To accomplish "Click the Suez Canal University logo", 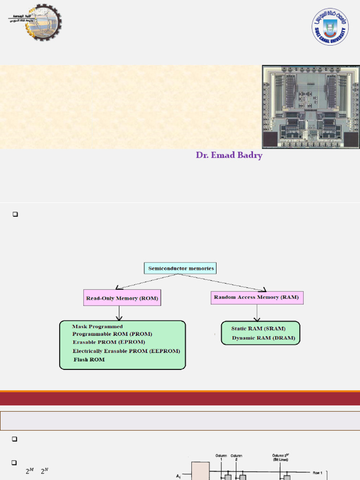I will tap(331, 27).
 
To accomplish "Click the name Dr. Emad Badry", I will tap(229, 155).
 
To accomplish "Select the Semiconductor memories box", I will tap(180, 269).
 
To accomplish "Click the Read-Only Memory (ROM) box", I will tap(122, 298).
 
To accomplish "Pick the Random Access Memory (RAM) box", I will tap(256, 297).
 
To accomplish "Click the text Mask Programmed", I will tap(97, 326).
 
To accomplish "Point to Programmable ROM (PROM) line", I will tap(112, 334).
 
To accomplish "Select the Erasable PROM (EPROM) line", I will tap(109, 342).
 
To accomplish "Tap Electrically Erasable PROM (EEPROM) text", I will tap(126, 351).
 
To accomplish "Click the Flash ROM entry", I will tap(89, 360).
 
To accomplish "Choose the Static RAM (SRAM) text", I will tap(258, 329).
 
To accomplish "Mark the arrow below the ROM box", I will tap(120, 313).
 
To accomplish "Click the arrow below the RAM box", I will tap(257, 313).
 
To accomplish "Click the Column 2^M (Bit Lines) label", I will tap(281, 457).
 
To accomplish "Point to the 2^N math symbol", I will tap(45, 472).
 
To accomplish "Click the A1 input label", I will tap(178, 476).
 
